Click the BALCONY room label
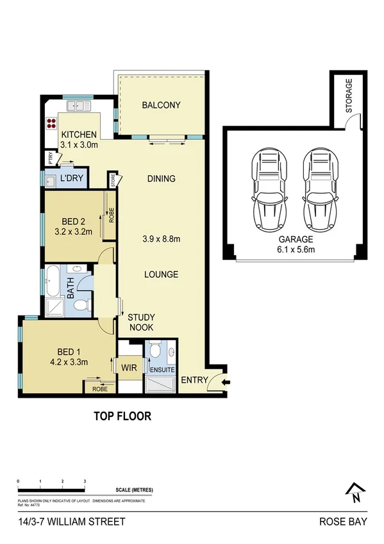pos(162,105)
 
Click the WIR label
pos(129,368)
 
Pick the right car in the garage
pos(321,191)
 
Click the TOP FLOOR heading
pos(122,416)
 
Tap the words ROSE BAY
pos(343,522)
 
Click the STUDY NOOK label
pos(140,322)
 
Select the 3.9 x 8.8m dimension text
pos(161,239)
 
